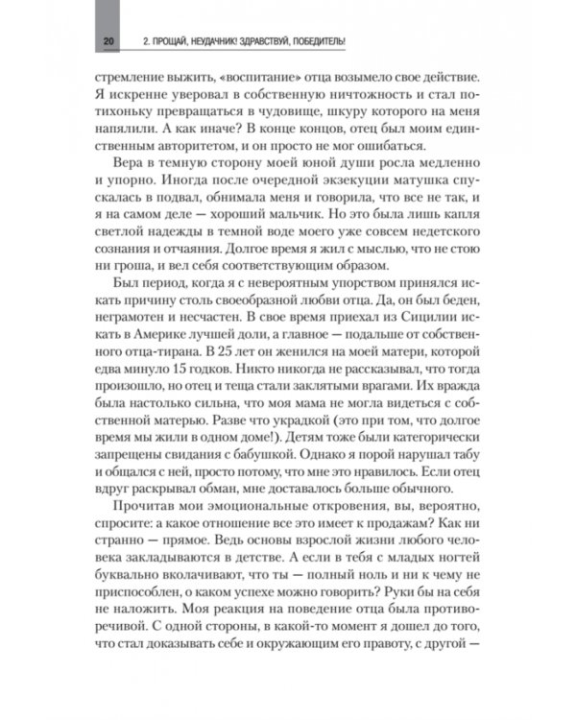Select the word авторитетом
tap(192, 145)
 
